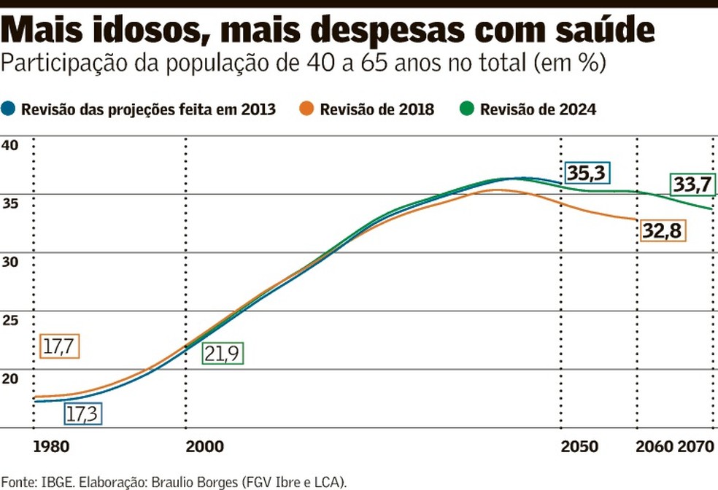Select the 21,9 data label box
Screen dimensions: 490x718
[222, 353]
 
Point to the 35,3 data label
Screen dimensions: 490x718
[587, 174]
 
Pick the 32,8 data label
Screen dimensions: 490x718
[663, 230]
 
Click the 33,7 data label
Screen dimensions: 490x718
[692, 185]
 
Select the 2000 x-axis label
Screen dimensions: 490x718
[204, 446]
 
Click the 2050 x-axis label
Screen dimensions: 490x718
[579, 446]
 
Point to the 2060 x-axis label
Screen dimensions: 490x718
[655, 446]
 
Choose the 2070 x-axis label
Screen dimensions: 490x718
[695, 446]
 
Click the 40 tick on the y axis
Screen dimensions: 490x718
[9, 145]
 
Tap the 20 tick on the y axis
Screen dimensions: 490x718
[9, 378]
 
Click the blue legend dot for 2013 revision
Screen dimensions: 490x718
[9, 109]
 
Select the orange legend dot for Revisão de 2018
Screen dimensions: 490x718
[308, 109]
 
